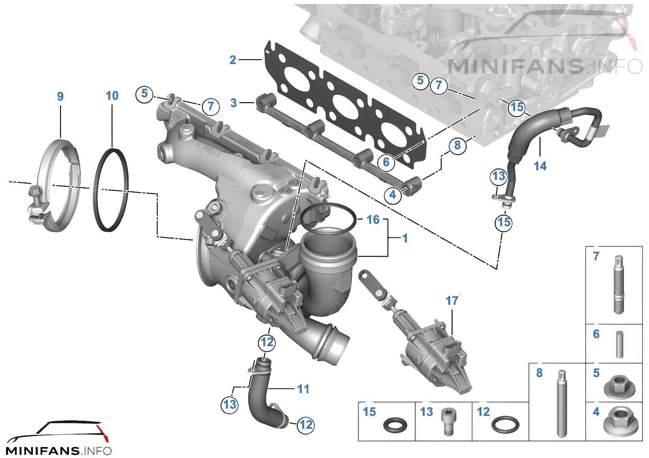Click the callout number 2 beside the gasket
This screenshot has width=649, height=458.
click(x=233, y=60)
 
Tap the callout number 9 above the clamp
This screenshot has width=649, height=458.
click(x=60, y=96)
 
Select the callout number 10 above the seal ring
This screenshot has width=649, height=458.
click(x=112, y=96)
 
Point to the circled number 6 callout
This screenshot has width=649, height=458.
click(x=386, y=162)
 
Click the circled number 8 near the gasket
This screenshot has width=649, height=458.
click(x=458, y=145)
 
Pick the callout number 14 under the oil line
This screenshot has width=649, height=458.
click(x=540, y=166)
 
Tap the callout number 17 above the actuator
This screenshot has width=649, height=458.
click(x=452, y=301)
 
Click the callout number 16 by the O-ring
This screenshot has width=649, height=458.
click(x=373, y=220)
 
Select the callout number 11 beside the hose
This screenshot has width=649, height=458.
click(x=303, y=389)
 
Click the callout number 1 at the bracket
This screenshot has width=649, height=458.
click(x=405, y=238)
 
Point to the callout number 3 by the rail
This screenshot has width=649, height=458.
click(x=234, y=103)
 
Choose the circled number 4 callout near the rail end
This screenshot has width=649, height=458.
click(x=393, y=195)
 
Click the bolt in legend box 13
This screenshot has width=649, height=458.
click(x=449, y=422)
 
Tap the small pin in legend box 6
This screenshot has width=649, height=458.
click(x=619, y=344)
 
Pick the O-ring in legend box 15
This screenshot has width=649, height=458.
click(x=395, y=425)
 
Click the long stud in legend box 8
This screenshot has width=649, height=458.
click(x=562, y=403)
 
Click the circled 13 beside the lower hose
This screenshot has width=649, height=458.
click(x=230, y=404)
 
